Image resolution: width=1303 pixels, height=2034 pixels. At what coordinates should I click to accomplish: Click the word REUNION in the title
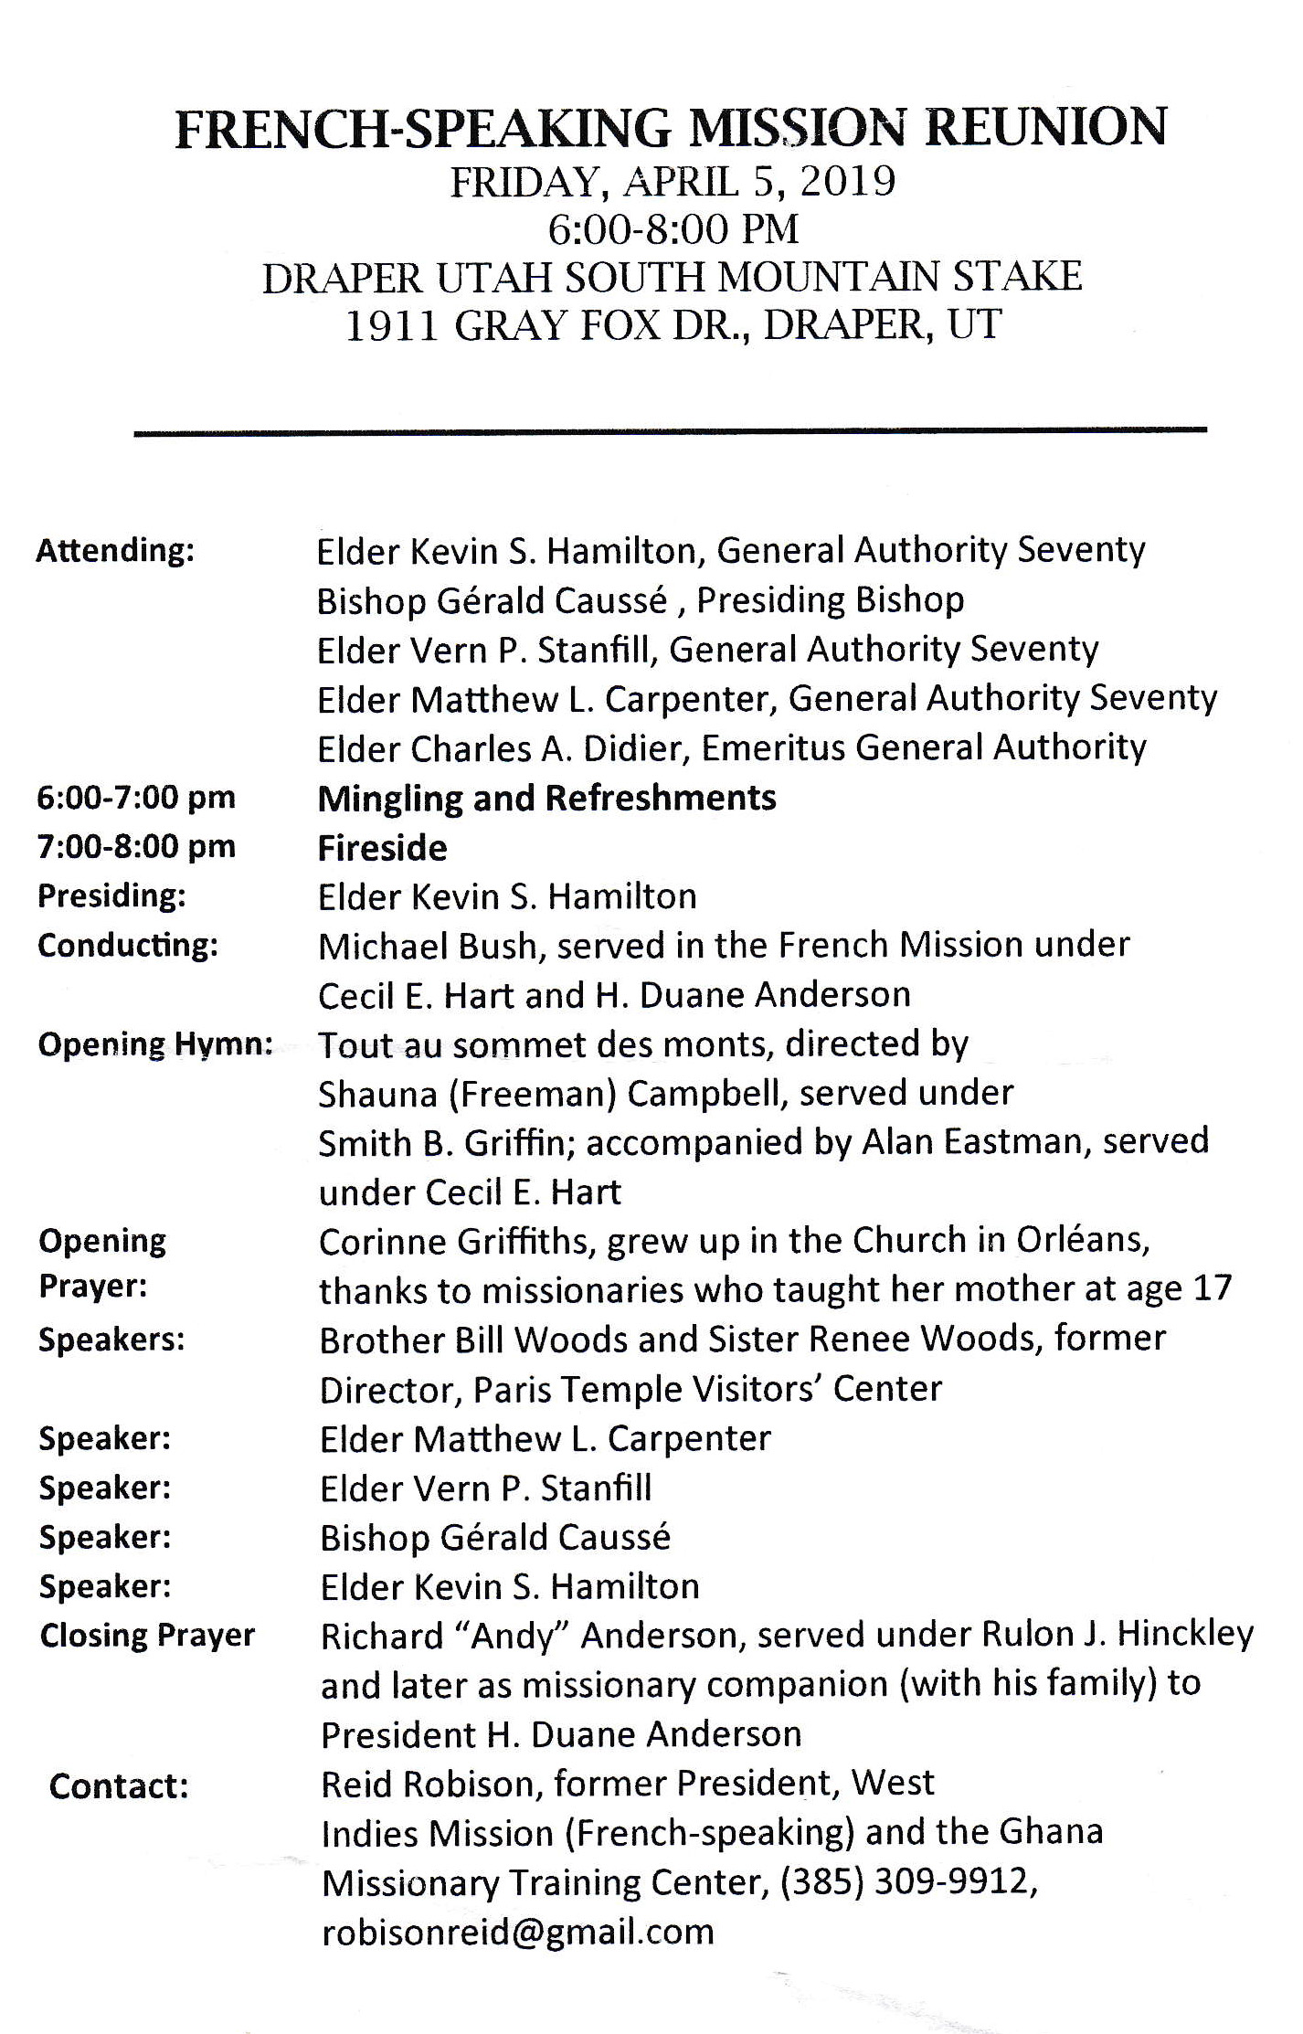1047,128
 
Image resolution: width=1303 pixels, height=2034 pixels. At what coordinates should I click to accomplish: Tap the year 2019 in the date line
847,182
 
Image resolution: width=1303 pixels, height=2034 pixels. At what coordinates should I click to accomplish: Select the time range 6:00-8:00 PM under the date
673,229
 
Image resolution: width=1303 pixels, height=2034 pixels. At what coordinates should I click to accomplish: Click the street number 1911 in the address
391,326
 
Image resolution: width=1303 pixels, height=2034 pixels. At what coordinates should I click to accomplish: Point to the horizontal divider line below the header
670,430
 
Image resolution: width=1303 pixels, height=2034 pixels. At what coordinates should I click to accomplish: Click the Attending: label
115,551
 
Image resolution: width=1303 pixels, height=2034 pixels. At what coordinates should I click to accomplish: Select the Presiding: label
111,896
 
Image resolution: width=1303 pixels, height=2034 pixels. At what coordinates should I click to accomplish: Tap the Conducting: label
128,946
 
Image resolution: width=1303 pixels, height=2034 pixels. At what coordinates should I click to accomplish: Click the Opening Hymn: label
155,1044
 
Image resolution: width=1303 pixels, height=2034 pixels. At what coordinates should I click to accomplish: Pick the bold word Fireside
382,849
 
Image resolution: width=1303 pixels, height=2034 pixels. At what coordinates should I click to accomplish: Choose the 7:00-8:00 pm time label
136,847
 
